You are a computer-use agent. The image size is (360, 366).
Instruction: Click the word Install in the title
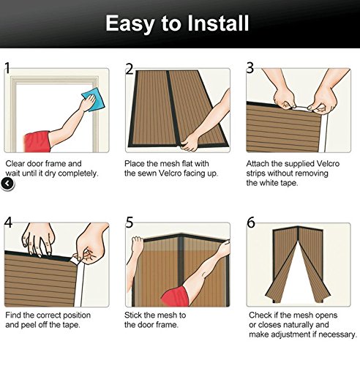pyautogui.click(x=218, y=23)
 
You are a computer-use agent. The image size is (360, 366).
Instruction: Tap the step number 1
pyautogui.click(x=7, y=68)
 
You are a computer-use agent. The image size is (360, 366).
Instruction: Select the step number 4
pyautogui.click(x=8, y=223)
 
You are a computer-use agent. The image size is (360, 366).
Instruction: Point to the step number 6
pyautogui.click(x=251, y=223)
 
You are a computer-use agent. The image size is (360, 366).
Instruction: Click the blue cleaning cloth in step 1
pyautogui.click(x=93, y=100)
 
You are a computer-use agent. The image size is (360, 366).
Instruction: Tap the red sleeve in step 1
pyautogui.click(x=37, y=141)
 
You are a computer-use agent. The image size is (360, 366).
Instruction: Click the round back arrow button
pyautogui.click(x=7, y=184)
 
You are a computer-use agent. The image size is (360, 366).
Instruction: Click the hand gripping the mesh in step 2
pyautogui.click(x=189, y=142)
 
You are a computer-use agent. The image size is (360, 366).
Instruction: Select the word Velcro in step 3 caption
pyautogui.click(x=328, y=163)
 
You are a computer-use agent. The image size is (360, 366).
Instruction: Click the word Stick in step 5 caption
pyautogui.click(x=133, y=315)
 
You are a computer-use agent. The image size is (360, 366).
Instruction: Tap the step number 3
pyautogui.click(x=250, y=68)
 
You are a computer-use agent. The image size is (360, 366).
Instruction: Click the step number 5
pyautogui.click(x=130, y=223)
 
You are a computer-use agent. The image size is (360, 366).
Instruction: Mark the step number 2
pyautogui.click(x=130, y=69)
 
